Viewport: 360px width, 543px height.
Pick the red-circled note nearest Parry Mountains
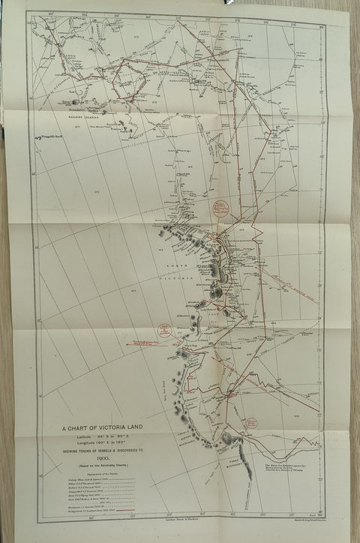(250, 423)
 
